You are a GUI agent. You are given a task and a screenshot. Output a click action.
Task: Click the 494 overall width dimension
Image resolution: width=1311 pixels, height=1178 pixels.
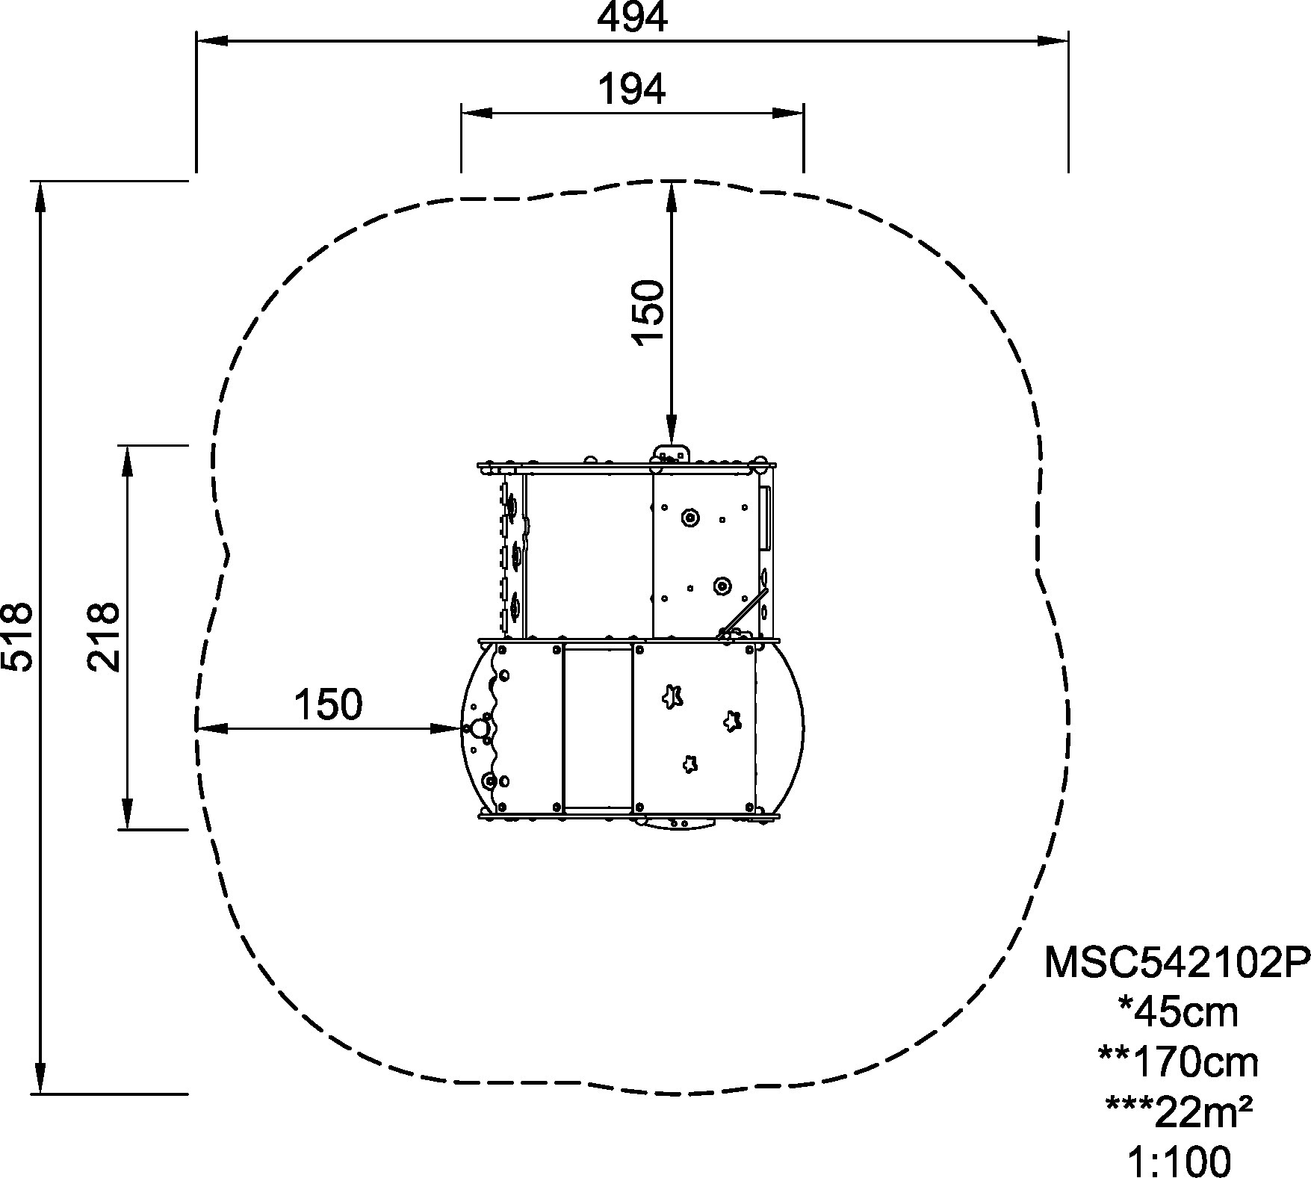click(x=632, y=16)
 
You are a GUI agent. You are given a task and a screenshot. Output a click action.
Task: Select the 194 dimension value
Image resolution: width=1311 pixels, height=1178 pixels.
click(x=632, y=90)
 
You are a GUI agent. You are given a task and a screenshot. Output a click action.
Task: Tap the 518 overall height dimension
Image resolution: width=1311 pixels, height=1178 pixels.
click(x=16, y=636)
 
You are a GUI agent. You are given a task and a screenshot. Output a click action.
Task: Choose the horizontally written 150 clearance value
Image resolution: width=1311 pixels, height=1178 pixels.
click(x=329, y=704)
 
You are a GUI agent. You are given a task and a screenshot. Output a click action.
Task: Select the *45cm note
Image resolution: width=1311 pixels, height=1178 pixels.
click(x=1178, y=1012)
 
